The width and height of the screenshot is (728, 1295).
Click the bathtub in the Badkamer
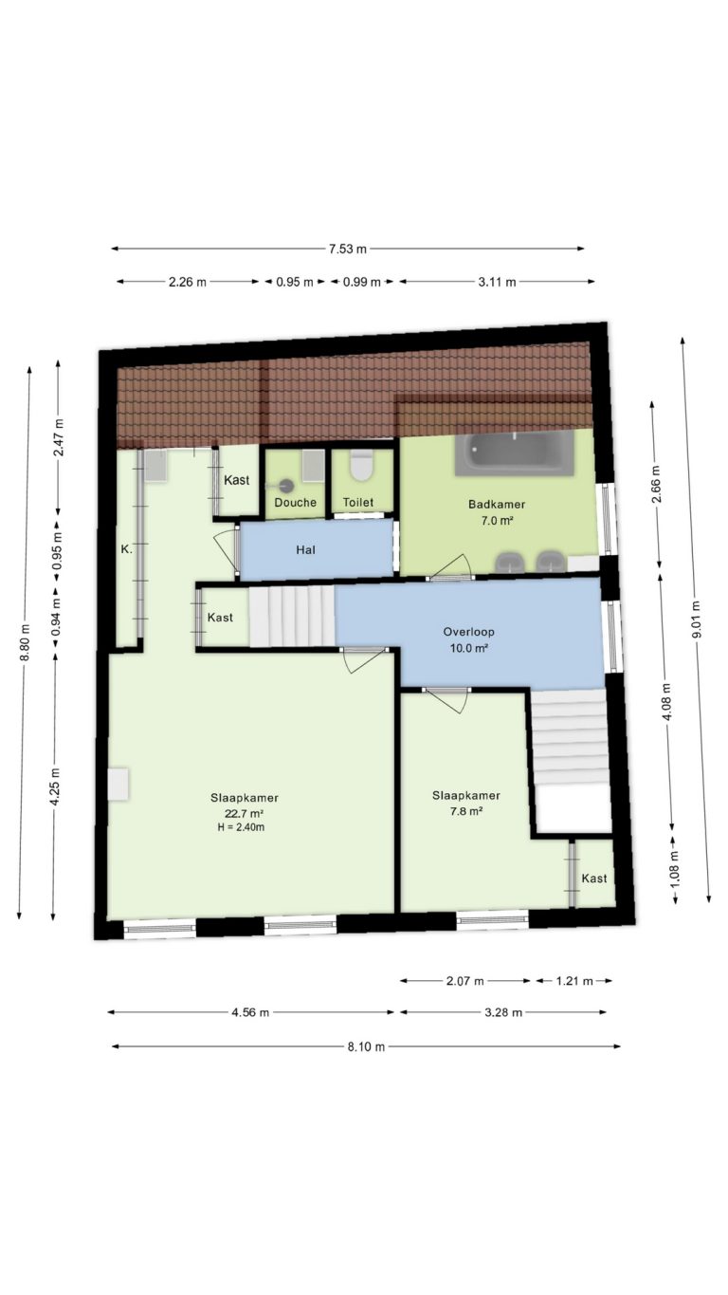(x=515, y=453)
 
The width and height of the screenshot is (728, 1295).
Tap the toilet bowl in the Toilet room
(x=363, y=466)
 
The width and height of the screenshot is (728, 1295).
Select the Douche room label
(x=295, y=503)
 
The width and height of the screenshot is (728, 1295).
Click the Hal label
(x=305, y=550)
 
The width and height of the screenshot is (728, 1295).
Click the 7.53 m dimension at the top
(x=348, y=250)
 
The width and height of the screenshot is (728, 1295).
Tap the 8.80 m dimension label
(x=25, y=644)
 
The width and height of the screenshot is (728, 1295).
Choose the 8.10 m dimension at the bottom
(x=366, y=1046)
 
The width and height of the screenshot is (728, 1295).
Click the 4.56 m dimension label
(x=250, y=1012)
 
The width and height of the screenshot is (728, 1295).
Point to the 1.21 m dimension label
(x=574, y=981)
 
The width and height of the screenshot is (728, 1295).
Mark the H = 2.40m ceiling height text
(x=241, y=827)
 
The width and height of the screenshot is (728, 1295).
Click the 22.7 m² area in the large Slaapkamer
(x=245, y=813)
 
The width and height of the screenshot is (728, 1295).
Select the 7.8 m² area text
(x=466, y=811)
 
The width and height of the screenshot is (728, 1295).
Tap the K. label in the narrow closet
(x=126, y=550)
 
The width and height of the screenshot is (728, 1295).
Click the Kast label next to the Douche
(x=237, y=480)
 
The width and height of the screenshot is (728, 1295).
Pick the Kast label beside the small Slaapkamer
(x=594, y=879)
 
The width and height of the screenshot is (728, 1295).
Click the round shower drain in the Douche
(x=287, y=486)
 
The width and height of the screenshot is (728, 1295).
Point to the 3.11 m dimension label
(x=497, y=282)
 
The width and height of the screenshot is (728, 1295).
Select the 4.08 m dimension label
(x=667, y=702)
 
